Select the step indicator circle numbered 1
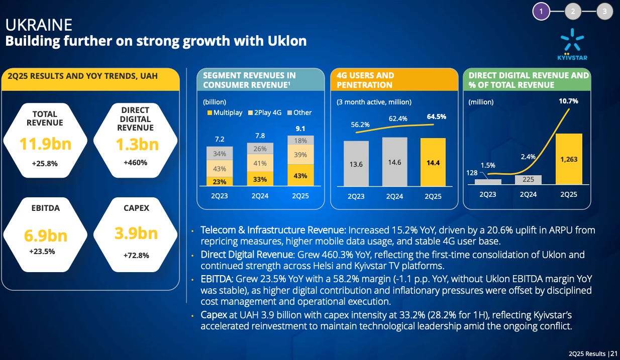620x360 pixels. (542, 11)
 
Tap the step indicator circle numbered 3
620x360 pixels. (604, 11)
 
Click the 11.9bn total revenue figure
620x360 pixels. (45, 144)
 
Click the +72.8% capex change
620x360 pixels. (136, 255)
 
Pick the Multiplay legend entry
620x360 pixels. (225, 112)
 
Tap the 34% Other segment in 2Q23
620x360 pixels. (220, 154)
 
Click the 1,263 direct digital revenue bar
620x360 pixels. (569, 159)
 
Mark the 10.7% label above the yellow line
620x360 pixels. (568, 101)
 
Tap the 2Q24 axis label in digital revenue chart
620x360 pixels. (529, 194)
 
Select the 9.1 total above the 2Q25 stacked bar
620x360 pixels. (300, 128)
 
